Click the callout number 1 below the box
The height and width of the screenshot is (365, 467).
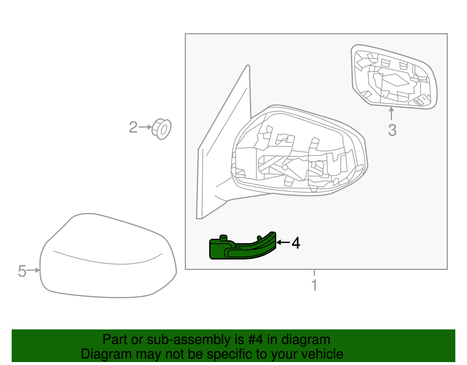(x=314, y=285)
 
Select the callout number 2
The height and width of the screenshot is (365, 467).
(x=133, y=127)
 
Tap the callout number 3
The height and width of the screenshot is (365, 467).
(x=392, y=130)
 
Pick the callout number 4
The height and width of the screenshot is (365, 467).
(x=296, y=243)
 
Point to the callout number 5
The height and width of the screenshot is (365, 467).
(x=22, y=271)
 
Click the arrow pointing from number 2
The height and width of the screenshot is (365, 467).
(x=145, y=127)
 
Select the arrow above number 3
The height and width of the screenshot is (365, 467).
(x=391, y=114)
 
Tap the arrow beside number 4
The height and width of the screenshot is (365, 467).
(x=283, y=242)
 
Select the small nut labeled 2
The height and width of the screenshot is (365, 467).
(x=162, y=129)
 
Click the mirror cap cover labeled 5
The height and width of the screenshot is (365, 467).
(x=108, y=257)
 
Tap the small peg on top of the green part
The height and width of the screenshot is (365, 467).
(x=223, y=237)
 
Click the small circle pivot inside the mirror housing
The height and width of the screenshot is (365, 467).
(x=285, y=167)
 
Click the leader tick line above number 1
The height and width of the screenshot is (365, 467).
(x=314, y=273)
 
